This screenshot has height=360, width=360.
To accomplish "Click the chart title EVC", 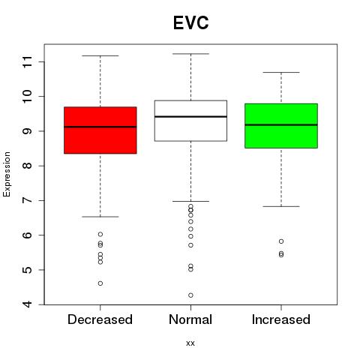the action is coord(190,22).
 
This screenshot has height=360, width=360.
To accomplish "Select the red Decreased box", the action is coord(100,130).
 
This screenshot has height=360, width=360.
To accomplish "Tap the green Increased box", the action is coord(281,126).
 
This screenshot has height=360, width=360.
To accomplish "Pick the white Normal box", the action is coord(190,121).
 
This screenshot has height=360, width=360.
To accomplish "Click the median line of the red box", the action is coord(100,127).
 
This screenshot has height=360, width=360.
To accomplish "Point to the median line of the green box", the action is coord(281,124).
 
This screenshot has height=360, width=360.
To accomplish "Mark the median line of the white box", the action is coord(190,116).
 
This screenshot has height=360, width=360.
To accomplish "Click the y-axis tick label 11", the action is coord(28,61).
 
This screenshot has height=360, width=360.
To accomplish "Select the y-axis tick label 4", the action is coord(28,304).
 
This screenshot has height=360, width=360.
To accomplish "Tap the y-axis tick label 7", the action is coord(28,200).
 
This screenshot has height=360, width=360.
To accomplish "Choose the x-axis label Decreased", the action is coord(100,319).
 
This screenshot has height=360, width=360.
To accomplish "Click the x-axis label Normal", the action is coord(190,319).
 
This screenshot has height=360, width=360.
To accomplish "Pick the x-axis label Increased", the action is coord(281,319).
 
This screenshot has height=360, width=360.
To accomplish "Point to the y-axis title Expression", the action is coord(7,174).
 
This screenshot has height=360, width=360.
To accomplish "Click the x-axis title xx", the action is coord(190,343).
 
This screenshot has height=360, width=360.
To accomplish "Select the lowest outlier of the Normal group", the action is coord(190,295).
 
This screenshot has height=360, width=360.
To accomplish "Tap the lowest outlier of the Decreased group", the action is coord(100,283).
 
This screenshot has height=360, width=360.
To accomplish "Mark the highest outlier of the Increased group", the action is coord(281,241).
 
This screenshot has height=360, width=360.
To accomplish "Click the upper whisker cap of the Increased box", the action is coord(281,72).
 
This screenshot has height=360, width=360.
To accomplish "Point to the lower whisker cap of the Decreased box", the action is coord(100,217).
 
